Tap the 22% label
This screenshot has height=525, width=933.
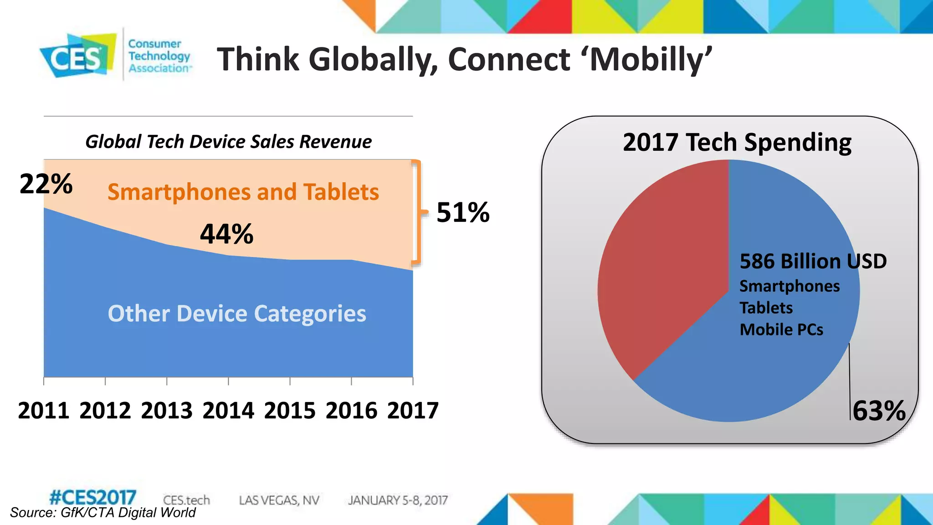click(x=46, y=184)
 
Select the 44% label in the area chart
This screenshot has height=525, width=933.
click(x=226, y=234)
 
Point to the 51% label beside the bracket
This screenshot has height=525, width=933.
click(x=462, y=212)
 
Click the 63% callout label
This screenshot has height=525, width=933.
click(x=879, y=411)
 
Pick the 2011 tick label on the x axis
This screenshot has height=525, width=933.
click(x=44, y=411)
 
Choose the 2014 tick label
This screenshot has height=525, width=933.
click(x=228, y=411)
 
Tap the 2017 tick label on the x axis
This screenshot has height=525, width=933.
click(x=413, y=411)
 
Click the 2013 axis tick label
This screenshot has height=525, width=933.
click(x=167, y=411)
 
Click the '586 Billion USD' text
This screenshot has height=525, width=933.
click(x=813, y=261)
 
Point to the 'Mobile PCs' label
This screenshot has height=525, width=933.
click(x=781, y=329)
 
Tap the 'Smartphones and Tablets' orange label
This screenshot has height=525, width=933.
click(x=243, y=192)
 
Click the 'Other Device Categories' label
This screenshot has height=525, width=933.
click(x=237, y=314)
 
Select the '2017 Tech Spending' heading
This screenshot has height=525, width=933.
click(x=737, y=142)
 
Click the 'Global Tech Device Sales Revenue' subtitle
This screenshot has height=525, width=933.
click(x=228, y=142)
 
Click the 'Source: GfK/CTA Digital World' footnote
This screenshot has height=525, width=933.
click(x=103, y=513)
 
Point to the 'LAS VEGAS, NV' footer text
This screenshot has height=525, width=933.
click(x=279, y=500)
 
